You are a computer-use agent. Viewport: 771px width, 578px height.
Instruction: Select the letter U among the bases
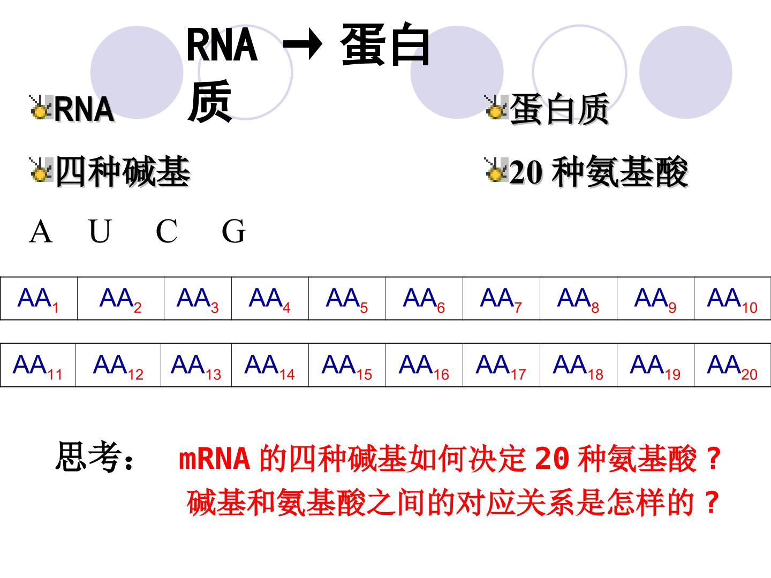click(x=100, y=231)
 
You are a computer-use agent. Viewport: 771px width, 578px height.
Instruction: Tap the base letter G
click(x=233, y=231)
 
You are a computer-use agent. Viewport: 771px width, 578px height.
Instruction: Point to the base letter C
click(x=167, y=231)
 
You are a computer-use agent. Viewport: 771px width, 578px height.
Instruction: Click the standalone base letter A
click(x=41, y=231)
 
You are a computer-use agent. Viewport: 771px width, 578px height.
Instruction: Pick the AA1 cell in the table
click(x=39, y=298)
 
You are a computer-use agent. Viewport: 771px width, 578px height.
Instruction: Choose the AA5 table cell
click(x=347, y=298)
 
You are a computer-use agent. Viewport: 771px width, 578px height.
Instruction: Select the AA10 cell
click(x=732, y=298)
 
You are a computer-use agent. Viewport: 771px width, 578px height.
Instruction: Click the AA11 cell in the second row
click(x=38, y=365)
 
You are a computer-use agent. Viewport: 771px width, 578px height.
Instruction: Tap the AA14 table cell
click(x=270, y=365)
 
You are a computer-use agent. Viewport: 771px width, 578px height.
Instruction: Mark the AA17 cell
click(x=501, y=365)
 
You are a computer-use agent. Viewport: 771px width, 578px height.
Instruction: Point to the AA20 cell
click(x=732, y=365)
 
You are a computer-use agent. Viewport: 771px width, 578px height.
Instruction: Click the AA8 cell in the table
click(x=578, y=298)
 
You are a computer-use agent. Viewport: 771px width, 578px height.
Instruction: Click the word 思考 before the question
click(x=88, y=456)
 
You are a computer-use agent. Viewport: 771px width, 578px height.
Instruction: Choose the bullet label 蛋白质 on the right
click(x=559, y=109)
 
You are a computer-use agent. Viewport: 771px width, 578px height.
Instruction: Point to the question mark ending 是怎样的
click(x=712, y=502)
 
